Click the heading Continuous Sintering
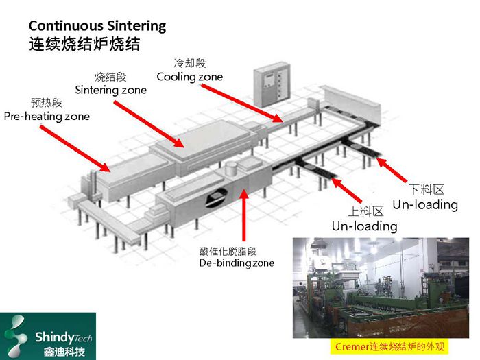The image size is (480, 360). point(97,26)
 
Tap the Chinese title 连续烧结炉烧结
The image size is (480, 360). point(84,45)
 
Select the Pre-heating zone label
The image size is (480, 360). point(47,117)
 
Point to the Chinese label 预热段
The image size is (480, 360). point(47,103)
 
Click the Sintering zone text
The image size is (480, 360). point(110,90)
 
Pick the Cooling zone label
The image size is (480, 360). point(189,77)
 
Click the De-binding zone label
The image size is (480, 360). point(237,263)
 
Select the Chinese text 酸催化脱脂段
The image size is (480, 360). point(228,250)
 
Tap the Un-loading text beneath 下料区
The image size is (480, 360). point(424,204)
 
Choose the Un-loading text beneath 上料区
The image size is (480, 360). point(364,226)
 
